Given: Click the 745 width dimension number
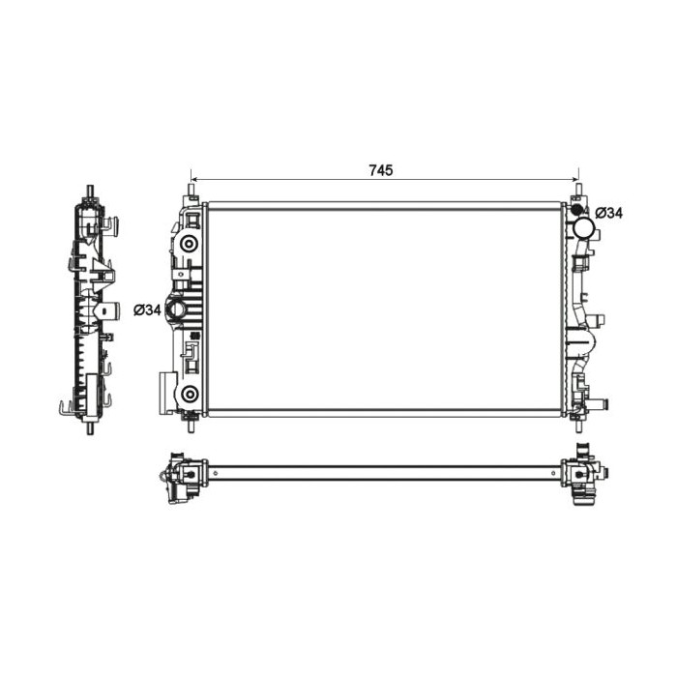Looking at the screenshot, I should point(380,170).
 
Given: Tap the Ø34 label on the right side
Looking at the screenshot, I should point(608,213).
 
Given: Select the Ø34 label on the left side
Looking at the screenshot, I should point(147,309).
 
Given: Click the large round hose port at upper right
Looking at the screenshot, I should point(584,228).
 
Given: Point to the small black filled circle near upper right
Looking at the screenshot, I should point(577,210).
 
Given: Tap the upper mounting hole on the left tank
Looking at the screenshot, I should point(190,243).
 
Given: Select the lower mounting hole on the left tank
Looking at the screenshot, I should point(190,393).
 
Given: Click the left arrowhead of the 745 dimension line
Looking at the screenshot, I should point(194,180).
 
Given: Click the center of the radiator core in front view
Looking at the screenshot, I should point(384,309).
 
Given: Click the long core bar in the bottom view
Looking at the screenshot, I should point(387,473).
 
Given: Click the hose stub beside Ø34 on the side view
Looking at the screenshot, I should point(113,309).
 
